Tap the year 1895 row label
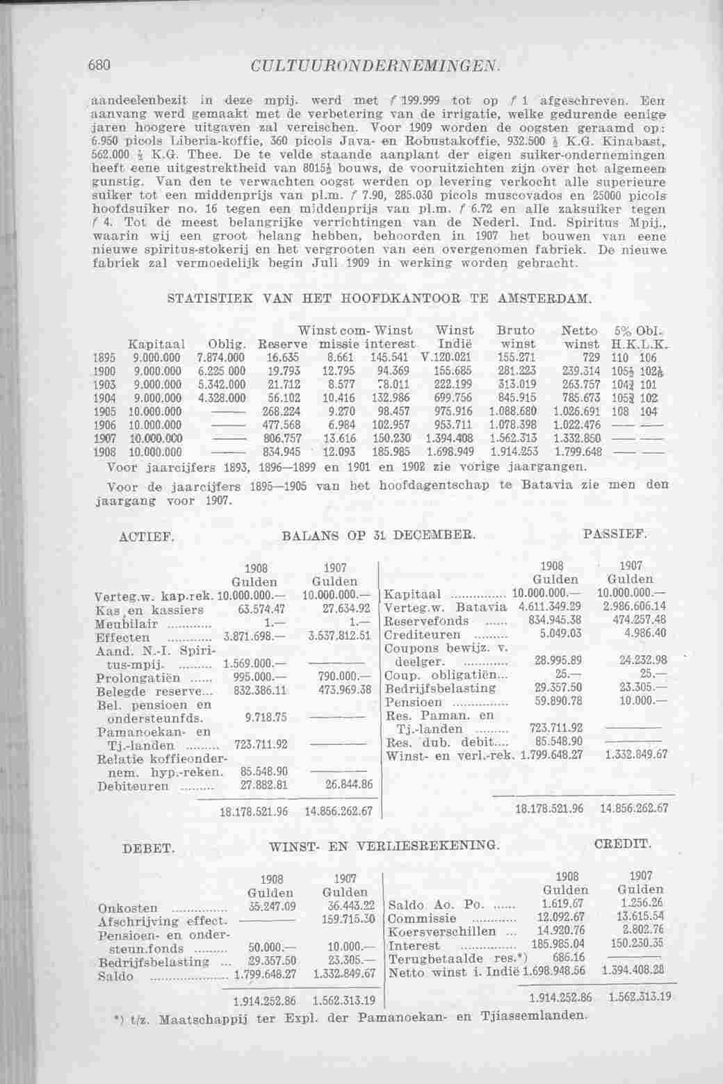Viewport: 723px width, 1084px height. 104,356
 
